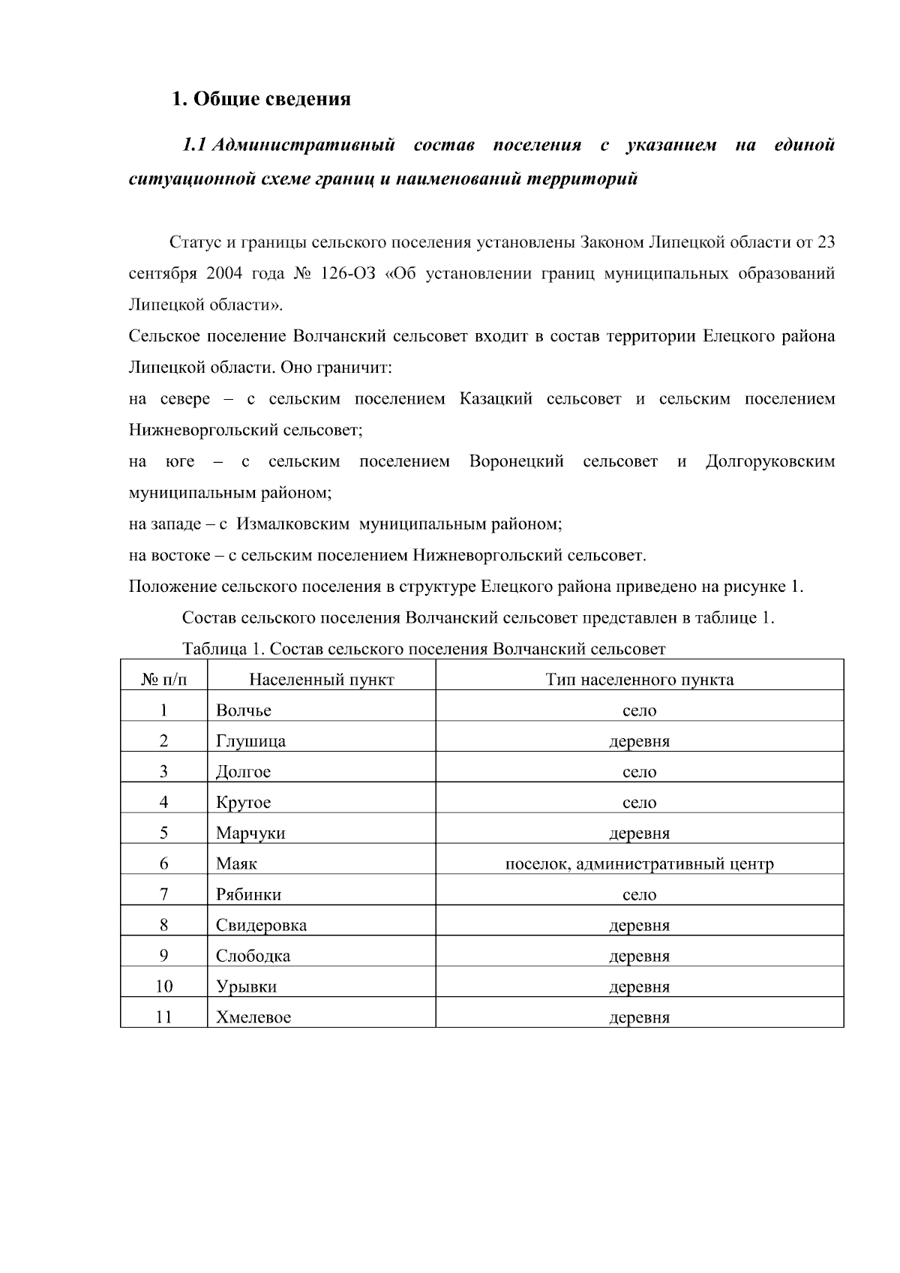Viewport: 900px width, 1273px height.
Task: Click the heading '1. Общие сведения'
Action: click(261, 99)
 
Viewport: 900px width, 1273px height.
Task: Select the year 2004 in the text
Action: click(223, 274)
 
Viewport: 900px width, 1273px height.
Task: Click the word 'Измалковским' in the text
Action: click(293, 524)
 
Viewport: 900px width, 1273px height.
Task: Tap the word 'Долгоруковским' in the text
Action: click(769, 461)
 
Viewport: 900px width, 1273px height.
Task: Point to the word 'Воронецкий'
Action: click(516, 461)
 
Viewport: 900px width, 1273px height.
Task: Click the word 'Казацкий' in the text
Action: click(496, 399)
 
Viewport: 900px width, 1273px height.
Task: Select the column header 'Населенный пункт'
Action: click(321, 680)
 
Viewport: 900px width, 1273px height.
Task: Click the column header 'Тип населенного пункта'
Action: click(639, 680)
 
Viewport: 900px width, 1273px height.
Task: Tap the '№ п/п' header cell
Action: click(163, 680)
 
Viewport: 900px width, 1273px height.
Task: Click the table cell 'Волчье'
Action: click(244, 710)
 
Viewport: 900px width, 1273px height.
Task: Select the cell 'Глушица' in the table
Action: click(250, 741)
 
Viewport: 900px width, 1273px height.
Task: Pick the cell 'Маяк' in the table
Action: click(236, 863)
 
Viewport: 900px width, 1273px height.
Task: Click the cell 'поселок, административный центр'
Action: click(639, 864)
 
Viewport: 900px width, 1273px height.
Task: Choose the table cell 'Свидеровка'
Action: click(261, 925)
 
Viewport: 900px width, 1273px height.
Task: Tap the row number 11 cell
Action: click(163, 1017)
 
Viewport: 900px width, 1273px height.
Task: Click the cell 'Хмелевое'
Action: click(253, 1017)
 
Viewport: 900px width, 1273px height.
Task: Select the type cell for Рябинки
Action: click(639, 895)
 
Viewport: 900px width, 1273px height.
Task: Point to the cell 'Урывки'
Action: click(246, 986)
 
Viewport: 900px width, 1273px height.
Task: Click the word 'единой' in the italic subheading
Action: click(804, 145)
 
